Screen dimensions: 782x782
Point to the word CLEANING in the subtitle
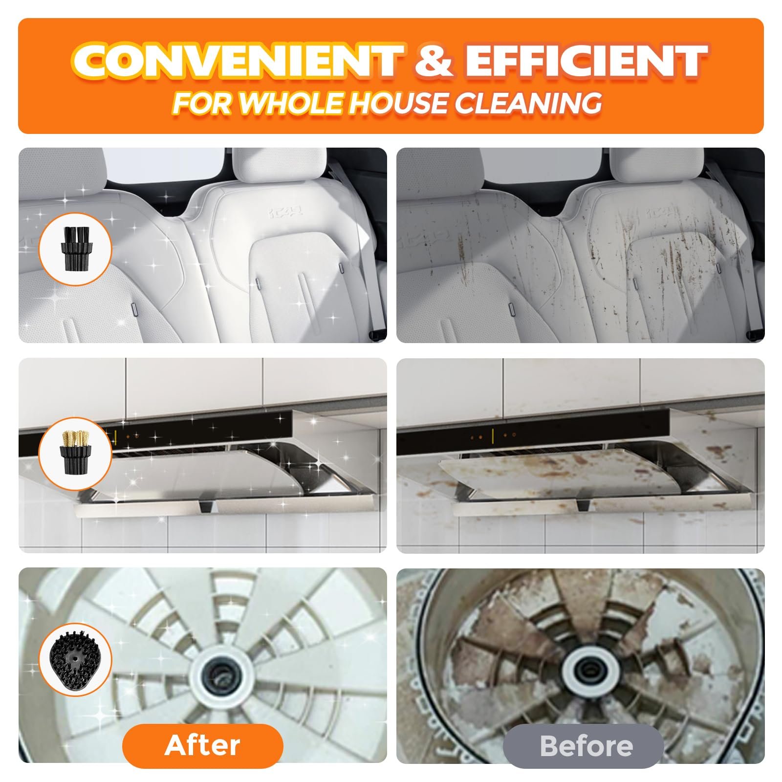pos(528,103)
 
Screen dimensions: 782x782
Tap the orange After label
pos(202,745)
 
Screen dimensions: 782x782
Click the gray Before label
pos(583,746)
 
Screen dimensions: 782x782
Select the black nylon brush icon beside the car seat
pos(75,248)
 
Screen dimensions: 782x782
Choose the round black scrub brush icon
pos(75,660)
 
